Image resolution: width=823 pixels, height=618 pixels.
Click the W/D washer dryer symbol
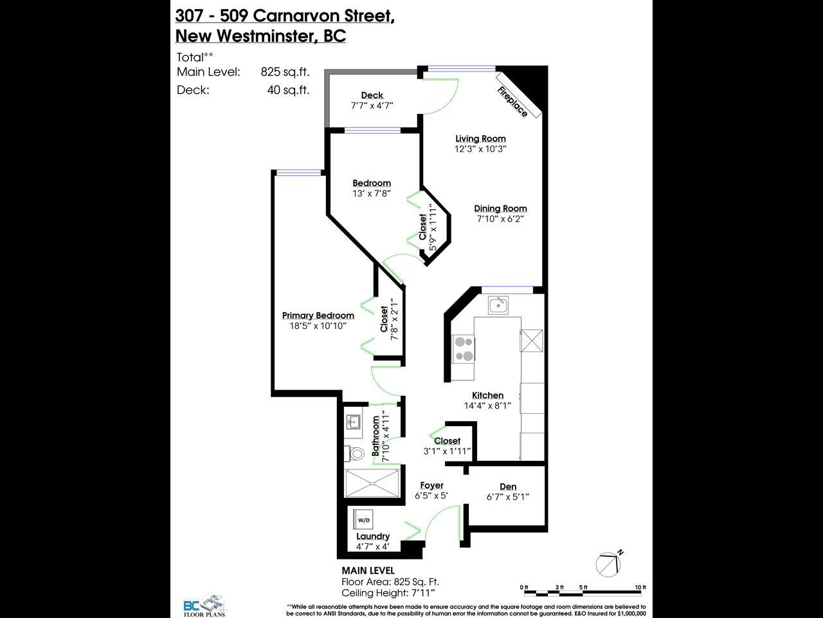(x=363, y=520)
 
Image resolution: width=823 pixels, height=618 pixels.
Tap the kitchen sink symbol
(x=498, y=305)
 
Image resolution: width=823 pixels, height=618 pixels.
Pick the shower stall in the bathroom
(x=372, y=483)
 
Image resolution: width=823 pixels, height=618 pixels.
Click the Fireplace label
(x=512, y=101)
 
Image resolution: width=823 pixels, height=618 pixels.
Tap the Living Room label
(x=481, y=138)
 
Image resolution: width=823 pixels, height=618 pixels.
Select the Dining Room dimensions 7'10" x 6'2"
(x=500, y=219)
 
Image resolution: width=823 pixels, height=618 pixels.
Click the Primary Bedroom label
(x=318, y=315)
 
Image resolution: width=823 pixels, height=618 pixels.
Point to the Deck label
(x=372, y=95)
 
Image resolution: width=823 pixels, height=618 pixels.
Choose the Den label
(x=508, y=487)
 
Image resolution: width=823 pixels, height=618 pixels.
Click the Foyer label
(x=431, y=485)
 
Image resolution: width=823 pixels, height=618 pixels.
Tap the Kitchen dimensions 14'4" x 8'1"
(x=487, y=406)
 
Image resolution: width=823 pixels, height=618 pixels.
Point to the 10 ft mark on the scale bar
(x=640, y=587)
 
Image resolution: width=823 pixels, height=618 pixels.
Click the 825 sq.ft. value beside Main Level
(x=285, y=71)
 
